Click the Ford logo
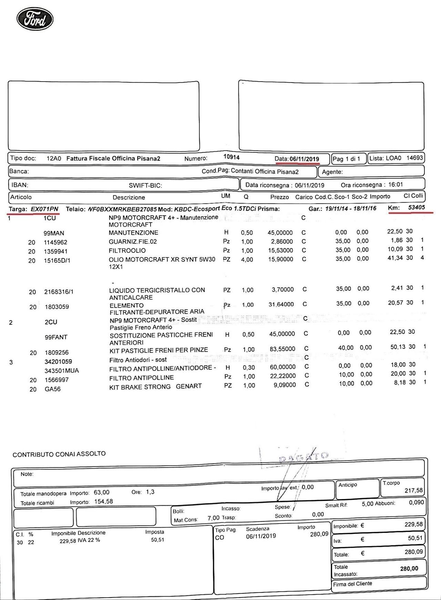click(x=35, y=19)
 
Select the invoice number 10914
click(x=231, y=157)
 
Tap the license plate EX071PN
click(x=44, y=209)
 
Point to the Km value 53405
click(x=416, y=207)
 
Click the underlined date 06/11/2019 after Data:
click(x=304, y=159)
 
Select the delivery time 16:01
click(x=395, y=185)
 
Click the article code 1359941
click(x=55, y=251)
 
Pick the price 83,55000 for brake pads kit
click(x=282, y=349)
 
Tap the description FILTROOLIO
click(x=127, y=250)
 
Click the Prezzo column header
click(x=279, y=197)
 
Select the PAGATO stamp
click(x=303, y=457)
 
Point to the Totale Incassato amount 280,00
click(x=409, y=569)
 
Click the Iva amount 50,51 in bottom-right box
click(x=415, y=538)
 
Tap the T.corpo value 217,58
click(x=413, y=490)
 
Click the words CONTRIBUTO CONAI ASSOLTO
click(x=59, y=454)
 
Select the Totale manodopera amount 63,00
click(x=102, y=493)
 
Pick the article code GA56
click(x=52, y=389)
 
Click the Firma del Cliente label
click(x=352, y=584)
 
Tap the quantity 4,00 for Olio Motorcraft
click(x=247, y=260)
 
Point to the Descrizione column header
click(x=129, y=197)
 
